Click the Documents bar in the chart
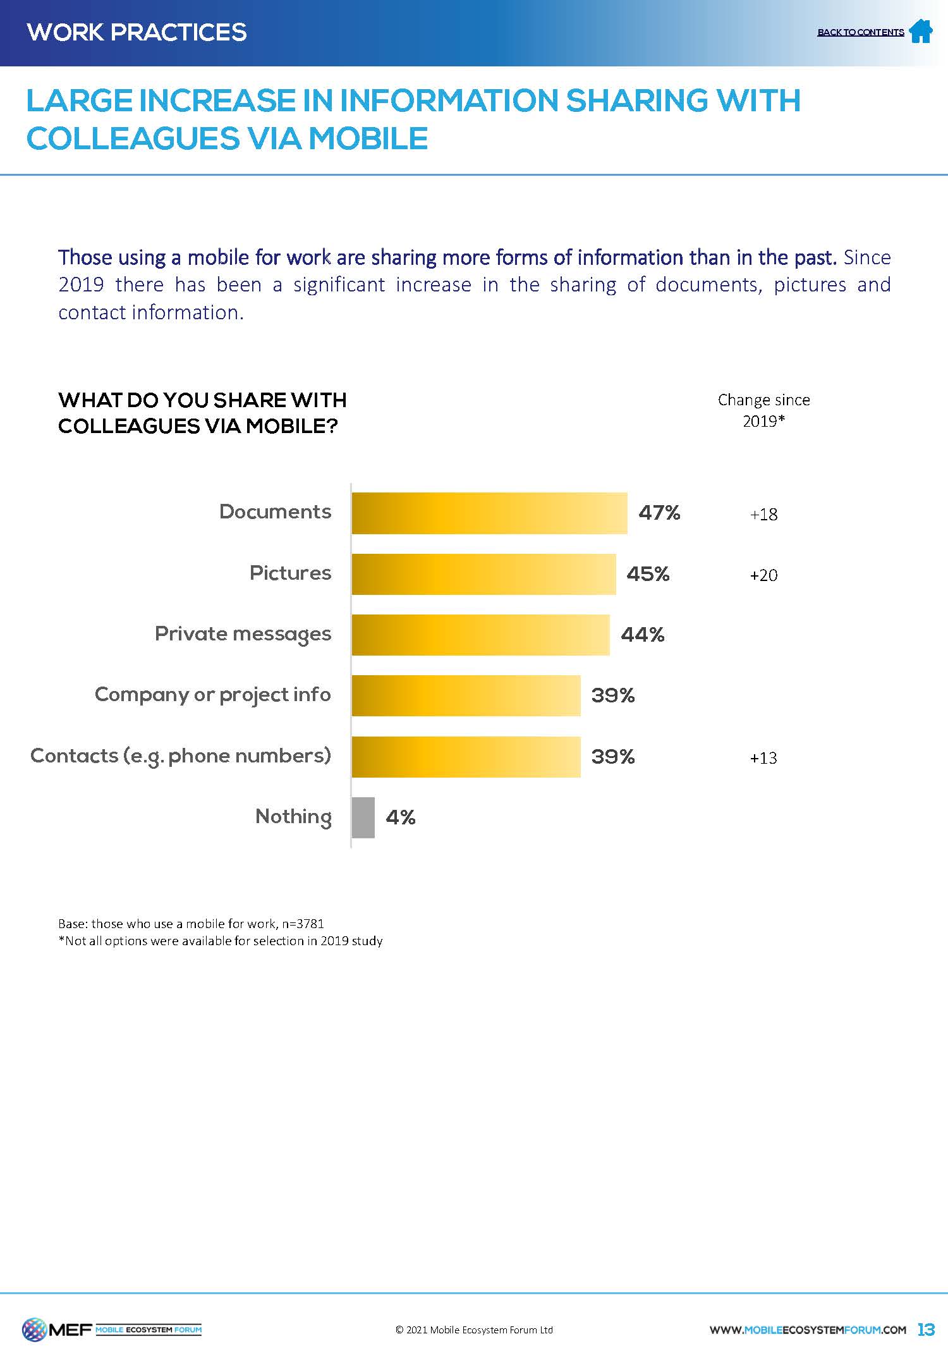tap(489, 513)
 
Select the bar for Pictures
tap(483, 574)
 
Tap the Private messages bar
tap(480, 635)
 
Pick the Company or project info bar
tap(466, 695)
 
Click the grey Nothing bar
tap(363, 817)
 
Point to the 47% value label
tap(659, 513)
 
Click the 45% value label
tap(648, 574)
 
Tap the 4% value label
tap(401, 817)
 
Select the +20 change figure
tap(763, 575)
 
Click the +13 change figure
tap(763, 758)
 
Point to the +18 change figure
tap(763, 515)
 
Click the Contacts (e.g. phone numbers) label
tap(181, 756)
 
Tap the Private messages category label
tap(243, 634)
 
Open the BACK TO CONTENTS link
tap(860, 32)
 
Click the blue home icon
tap(921, 31)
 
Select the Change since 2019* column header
tap(763, 410)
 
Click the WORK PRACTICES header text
tap(137, 32)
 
